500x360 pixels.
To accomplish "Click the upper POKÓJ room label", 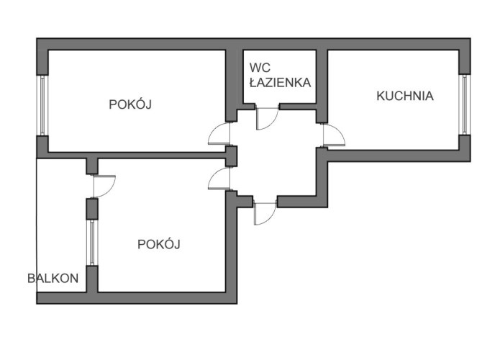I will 132,104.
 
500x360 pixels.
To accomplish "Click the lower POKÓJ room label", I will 158,244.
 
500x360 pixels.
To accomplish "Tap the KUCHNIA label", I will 405,95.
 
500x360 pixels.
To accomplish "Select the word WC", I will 259,68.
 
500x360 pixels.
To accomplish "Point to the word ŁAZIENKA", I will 280,82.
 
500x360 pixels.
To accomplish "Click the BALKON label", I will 53,279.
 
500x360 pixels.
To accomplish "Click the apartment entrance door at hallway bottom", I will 264,213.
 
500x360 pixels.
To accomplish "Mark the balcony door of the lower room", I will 104,186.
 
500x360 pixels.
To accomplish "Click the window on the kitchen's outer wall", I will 465,104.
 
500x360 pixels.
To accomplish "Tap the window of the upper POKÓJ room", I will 42,105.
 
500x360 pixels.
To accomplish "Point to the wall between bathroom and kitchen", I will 323,79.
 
